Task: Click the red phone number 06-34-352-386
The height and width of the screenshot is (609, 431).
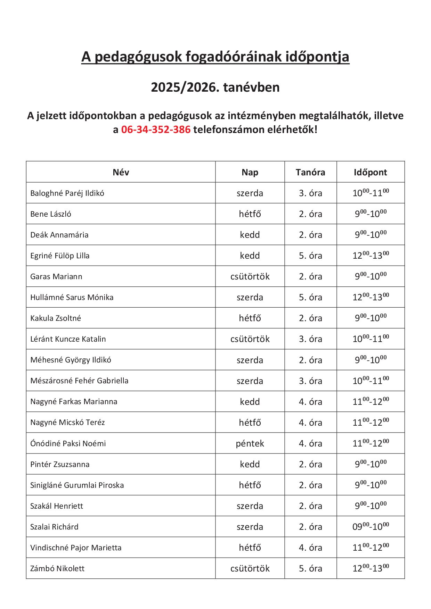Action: [156, 130]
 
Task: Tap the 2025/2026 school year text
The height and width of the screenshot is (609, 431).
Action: [215, 87]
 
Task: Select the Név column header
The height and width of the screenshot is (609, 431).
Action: [121, 172]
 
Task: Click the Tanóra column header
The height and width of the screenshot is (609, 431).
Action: [310, 172]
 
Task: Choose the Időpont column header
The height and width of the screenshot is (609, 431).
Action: [370, 172]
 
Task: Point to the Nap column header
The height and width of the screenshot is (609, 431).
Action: [250, 172]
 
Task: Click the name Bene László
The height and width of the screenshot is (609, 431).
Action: [51, 214]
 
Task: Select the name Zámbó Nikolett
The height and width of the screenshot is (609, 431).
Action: [57, 568]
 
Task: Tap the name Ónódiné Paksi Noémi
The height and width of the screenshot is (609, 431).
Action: [68, 443]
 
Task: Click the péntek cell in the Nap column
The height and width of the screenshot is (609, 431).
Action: [250, 443]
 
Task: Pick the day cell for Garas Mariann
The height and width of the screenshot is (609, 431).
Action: [250, 276]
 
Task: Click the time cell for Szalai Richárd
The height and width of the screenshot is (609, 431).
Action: [371, 526]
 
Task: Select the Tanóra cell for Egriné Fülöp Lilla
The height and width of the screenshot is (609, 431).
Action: [310, 256]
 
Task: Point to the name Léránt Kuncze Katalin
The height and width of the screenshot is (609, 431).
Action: [68, 339]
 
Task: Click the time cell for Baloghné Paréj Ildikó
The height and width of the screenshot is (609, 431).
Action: [371, 193]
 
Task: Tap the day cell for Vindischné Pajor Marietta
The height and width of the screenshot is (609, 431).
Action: [250, 548]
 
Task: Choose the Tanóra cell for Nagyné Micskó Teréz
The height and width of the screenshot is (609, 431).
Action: [310, 423]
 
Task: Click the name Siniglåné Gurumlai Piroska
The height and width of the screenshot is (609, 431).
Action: [77, 485]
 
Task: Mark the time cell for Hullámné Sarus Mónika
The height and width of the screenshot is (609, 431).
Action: [371, 297]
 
